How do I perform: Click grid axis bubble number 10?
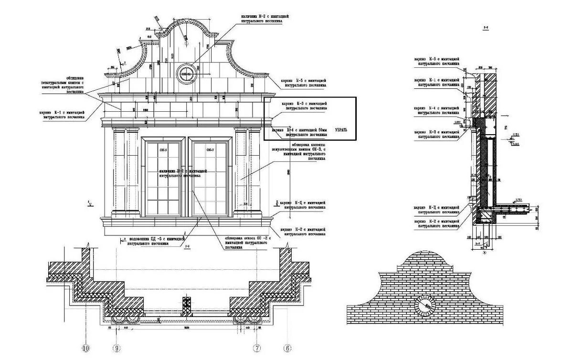point(86,349)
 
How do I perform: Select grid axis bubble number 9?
point(116,349)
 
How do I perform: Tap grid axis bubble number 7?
point(257,349)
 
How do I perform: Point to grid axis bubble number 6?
point(287,349)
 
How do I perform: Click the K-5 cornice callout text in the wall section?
point(437,61)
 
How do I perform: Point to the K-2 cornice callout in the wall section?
point(437,223)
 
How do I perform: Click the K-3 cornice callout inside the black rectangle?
point(304,106)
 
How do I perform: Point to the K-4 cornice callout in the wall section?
point(437,110)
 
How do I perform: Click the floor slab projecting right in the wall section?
point(513,209)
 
